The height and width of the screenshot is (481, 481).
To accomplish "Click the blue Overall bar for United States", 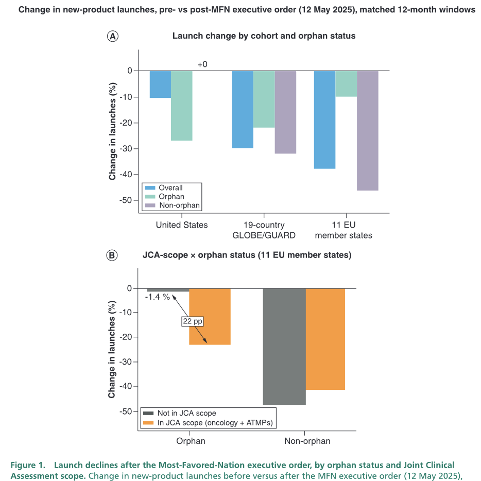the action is pos(161,84).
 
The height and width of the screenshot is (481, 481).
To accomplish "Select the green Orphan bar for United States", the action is pos(182,106).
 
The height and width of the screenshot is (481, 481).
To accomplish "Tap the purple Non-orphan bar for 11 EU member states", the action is pos(368,131).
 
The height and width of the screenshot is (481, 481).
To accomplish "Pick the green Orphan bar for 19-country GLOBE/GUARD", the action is pos(264,99).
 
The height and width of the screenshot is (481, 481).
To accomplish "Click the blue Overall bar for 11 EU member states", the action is pos(324,119).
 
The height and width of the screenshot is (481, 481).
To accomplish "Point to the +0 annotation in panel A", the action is pos(202,64).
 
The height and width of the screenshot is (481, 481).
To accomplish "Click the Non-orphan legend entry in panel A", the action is pos(173,205).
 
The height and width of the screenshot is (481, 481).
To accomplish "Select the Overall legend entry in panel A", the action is pos(164,188).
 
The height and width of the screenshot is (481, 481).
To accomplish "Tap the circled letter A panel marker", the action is pos(113,37).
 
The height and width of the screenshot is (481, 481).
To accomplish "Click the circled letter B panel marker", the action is pos(112,255).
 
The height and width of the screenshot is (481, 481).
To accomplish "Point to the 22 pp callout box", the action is pos(193,321).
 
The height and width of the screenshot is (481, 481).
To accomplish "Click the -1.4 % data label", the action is pos(158,297).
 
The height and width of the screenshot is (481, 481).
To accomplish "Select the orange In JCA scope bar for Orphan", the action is pos(210,317).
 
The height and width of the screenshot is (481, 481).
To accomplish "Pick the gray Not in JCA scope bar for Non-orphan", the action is pos(284,347).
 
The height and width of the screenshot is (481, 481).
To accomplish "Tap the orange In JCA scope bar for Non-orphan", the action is pos(325,339).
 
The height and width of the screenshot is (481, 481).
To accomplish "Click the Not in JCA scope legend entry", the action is pos(180,413).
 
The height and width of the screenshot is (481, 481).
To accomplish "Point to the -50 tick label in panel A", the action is pos(125,200).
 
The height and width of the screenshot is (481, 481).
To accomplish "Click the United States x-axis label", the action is pos(182,225).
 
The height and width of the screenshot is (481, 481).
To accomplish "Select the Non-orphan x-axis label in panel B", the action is pos(307,441).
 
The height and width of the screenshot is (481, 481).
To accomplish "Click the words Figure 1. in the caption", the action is pos(28,465).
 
